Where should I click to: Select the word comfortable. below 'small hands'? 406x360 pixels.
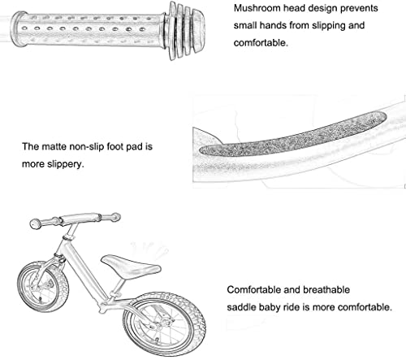tap(261, 43)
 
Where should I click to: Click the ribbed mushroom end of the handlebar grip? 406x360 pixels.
tap(187, 31)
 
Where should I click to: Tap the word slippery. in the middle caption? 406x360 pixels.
tap(66, 164)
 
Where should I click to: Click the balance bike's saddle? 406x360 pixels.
tap(131, 266)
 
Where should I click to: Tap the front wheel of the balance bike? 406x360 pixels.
tap(43, 287)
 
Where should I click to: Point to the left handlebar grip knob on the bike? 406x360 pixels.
tap(36, 223)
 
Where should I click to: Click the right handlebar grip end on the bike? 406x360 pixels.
tap(115, 217)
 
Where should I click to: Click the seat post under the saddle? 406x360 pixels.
tap(119, 287)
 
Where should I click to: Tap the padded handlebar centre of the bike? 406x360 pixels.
tap(80, 218)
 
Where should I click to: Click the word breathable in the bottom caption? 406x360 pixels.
tap(326, 290)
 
